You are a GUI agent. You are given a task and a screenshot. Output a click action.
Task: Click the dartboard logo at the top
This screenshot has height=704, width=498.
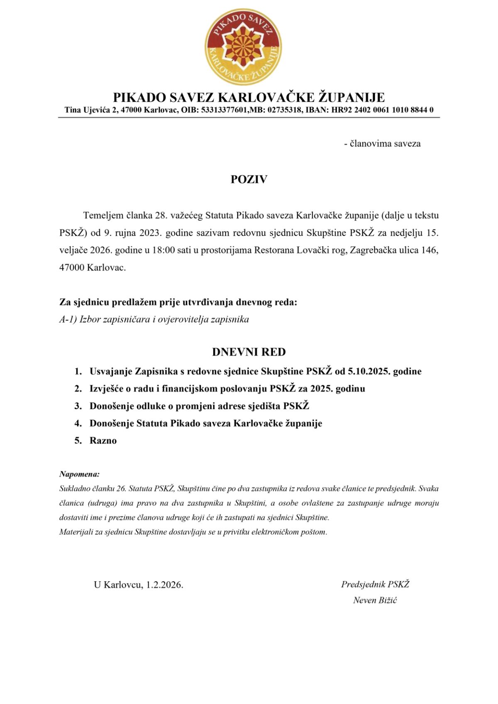coord(243,46)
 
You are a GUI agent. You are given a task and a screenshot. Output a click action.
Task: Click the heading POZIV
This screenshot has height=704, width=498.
coord(249,179)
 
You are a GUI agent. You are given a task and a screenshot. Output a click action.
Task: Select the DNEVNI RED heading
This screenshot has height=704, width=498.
coord(249,352)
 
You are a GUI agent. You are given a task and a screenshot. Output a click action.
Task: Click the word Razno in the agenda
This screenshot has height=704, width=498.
coord(103,441)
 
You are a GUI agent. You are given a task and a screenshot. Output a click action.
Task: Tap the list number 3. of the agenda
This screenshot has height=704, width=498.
coord(78,406)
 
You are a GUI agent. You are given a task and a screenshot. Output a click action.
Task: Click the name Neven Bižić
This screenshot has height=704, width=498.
coord(375,600)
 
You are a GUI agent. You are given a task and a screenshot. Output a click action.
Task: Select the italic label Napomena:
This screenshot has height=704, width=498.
coord(79,474)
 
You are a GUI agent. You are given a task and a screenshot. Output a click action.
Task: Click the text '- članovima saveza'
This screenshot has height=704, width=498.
coord(382,144)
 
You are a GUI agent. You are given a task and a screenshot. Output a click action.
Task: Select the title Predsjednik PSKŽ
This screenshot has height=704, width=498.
coord(375,584)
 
